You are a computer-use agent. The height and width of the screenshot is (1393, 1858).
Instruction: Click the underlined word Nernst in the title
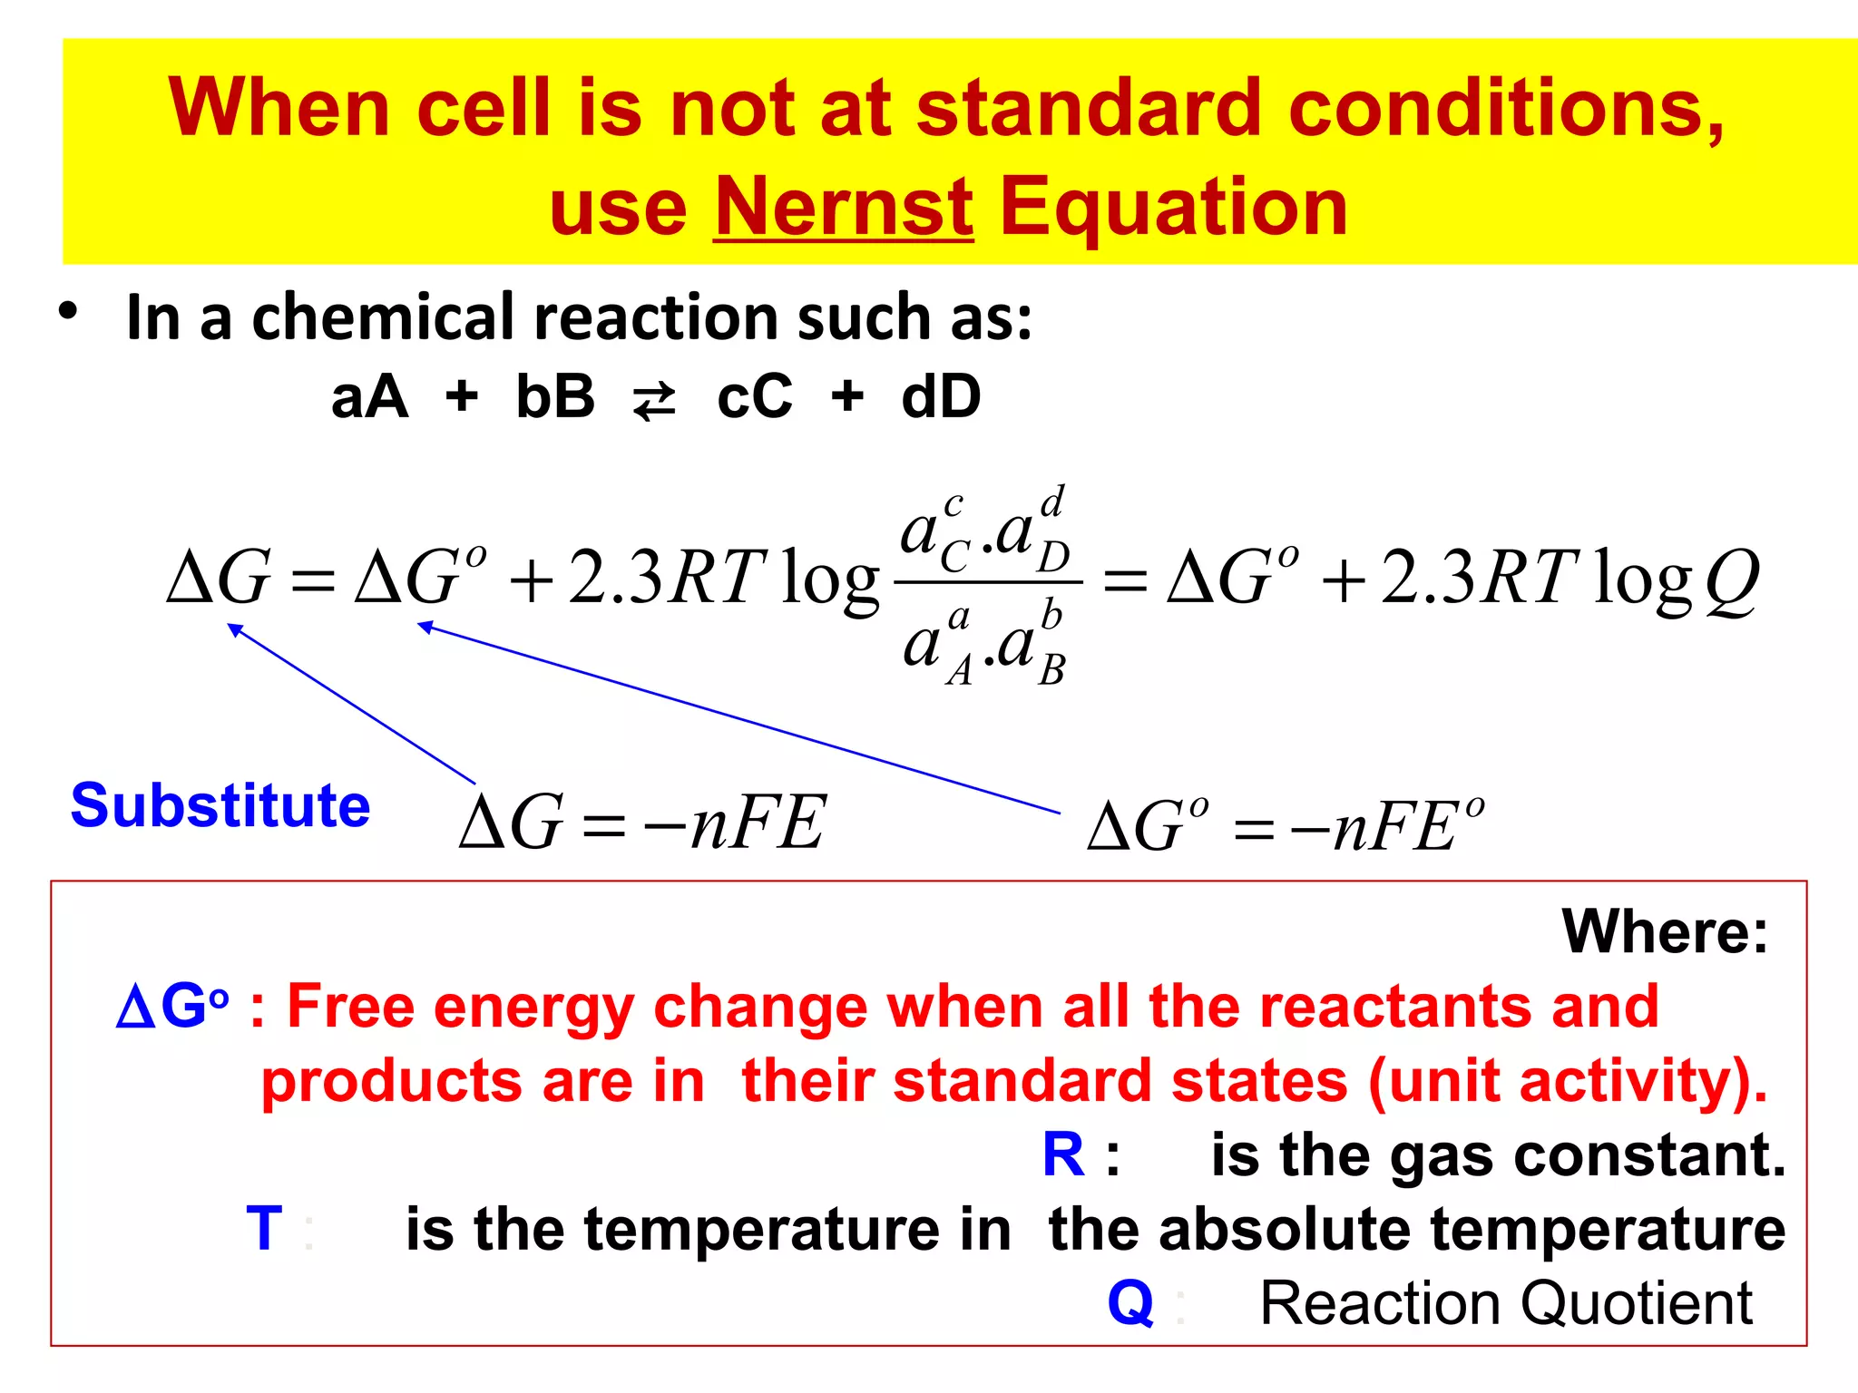844,208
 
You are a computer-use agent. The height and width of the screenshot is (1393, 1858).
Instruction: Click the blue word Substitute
220,805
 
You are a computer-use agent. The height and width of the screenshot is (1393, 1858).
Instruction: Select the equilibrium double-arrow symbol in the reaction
654,400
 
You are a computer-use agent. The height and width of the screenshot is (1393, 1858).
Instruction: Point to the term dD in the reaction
941,397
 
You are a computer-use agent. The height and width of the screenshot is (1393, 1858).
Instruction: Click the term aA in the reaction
369,397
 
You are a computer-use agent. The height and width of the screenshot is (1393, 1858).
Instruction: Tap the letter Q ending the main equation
1731,580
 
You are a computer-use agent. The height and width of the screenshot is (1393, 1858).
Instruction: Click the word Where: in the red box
1665,931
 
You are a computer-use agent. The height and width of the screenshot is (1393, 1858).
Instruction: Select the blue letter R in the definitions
1063,1154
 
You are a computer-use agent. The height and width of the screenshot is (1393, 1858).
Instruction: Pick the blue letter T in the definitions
264,1229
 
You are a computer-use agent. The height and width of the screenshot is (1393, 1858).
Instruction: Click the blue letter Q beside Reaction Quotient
1130,1303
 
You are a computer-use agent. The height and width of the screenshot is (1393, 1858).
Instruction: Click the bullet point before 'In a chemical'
68,312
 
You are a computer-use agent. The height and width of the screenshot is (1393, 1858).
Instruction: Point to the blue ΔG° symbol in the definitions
171,1007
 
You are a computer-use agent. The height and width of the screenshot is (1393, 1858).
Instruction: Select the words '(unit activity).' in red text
1568,1081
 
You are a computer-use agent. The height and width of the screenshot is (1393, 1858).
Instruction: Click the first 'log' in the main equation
829,580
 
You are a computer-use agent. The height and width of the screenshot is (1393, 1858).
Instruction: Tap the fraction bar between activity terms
988,582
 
